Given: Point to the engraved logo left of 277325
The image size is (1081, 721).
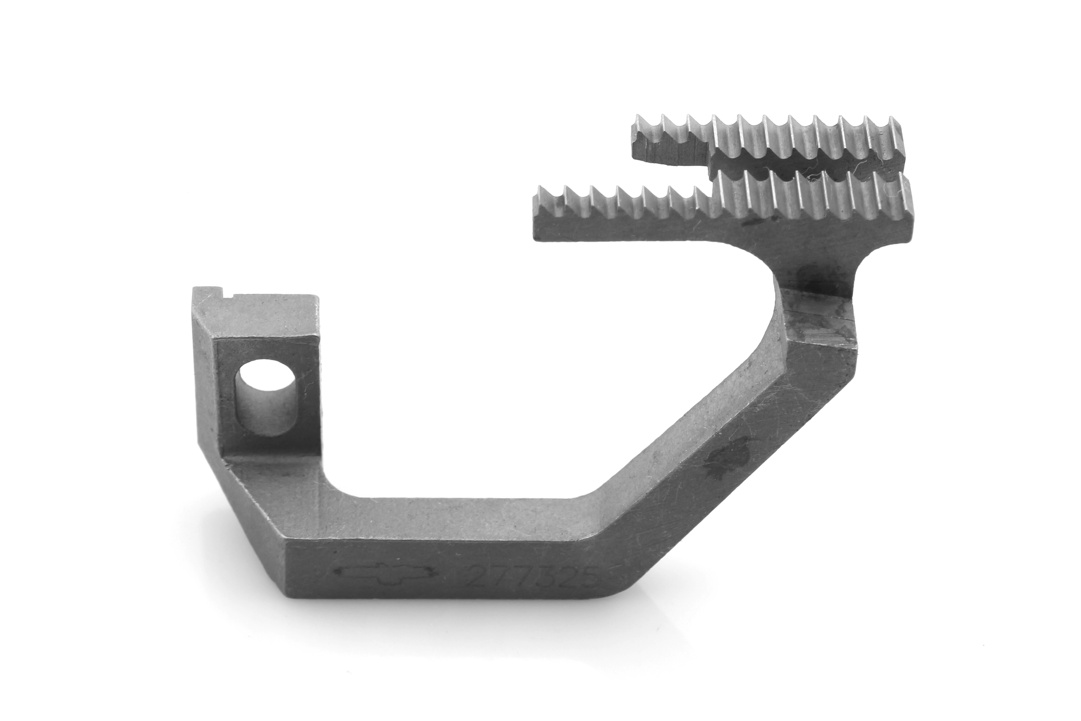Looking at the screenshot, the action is click(x=384, y=573).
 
